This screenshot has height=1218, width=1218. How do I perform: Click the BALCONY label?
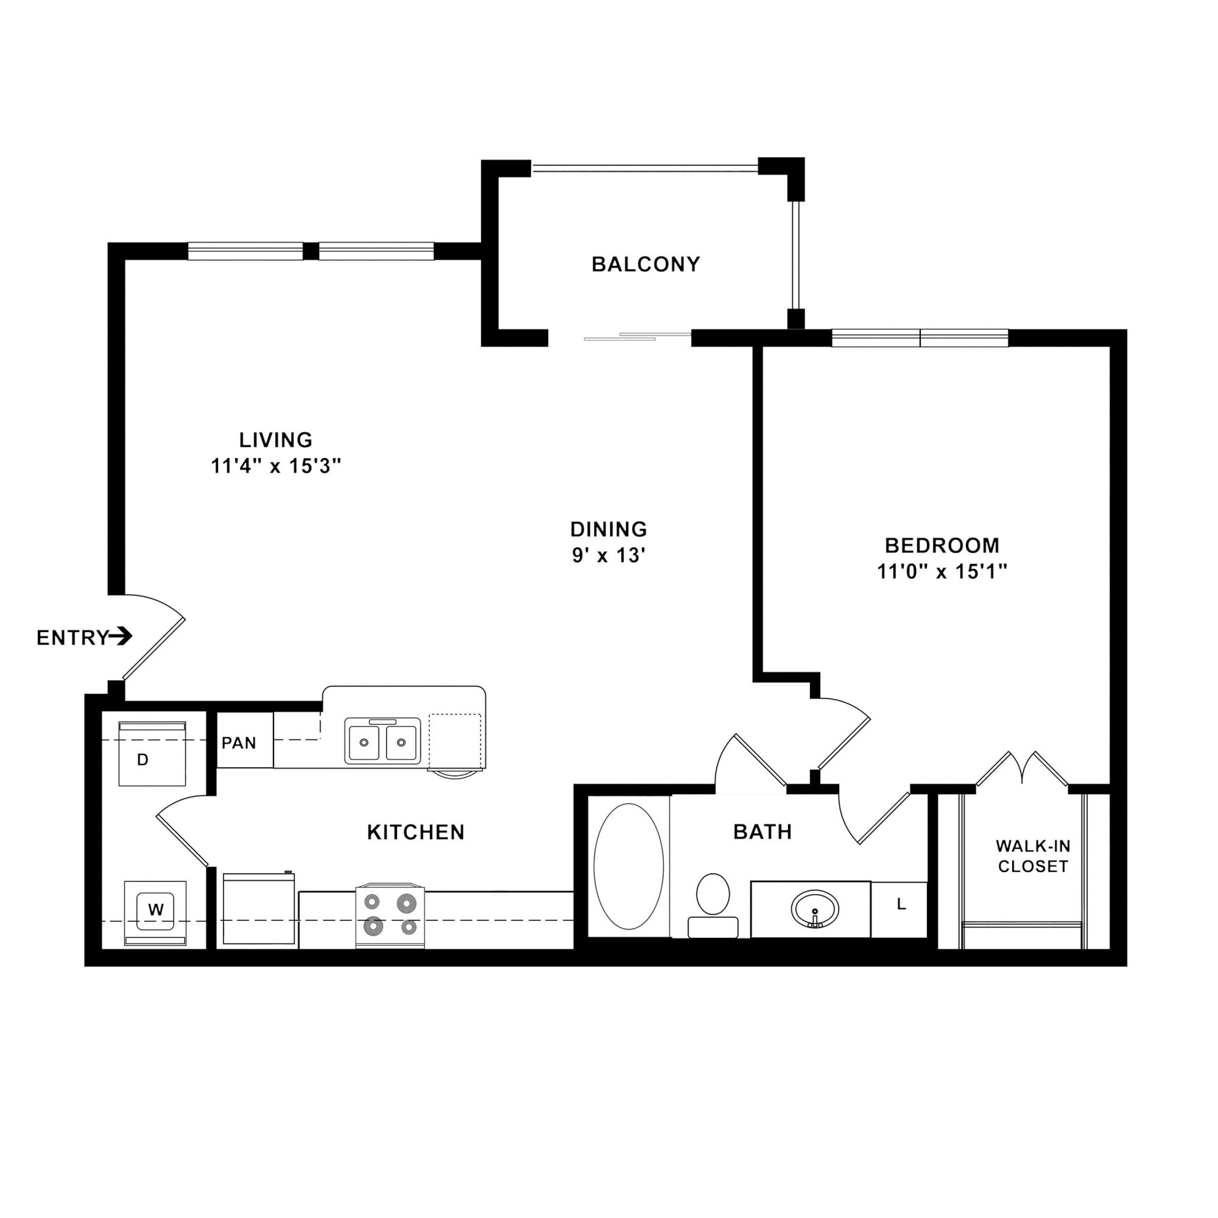pos(646,264)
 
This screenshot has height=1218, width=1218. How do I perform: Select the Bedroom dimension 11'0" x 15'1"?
pos(942,572)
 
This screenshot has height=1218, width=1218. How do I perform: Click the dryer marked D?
pos(152,754)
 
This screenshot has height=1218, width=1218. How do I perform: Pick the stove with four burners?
pos(390,916)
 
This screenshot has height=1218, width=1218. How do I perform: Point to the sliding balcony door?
pos(637,337)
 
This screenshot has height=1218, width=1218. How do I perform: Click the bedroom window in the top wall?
pos(920,338)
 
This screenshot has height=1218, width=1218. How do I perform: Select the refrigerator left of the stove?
pos(259,909)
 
